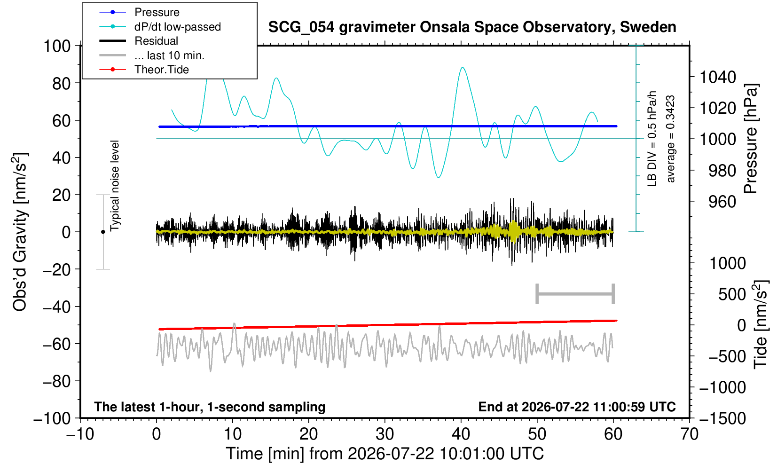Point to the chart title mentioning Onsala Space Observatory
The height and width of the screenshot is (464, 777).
point(472,27)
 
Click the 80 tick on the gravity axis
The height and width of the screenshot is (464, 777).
point(62,83)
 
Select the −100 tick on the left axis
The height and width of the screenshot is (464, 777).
point(52,418)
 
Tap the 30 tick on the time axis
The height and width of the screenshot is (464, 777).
point(385,434)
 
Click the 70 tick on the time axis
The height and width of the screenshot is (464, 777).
point(689,434)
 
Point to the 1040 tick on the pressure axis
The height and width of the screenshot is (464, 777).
point(718,77)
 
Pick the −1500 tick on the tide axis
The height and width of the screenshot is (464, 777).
point(722,418)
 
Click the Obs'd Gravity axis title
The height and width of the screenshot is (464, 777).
point(20,232)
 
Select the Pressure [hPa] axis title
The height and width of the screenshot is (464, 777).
point(751,139)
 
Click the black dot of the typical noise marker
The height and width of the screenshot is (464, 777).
point(103,232)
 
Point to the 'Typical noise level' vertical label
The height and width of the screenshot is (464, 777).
point(115,186)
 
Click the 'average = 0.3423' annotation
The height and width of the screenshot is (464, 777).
point(671,139)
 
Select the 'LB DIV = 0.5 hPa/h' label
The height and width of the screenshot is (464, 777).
point(652,139)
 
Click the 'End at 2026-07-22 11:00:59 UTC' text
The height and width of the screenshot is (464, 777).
point(577,407)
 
